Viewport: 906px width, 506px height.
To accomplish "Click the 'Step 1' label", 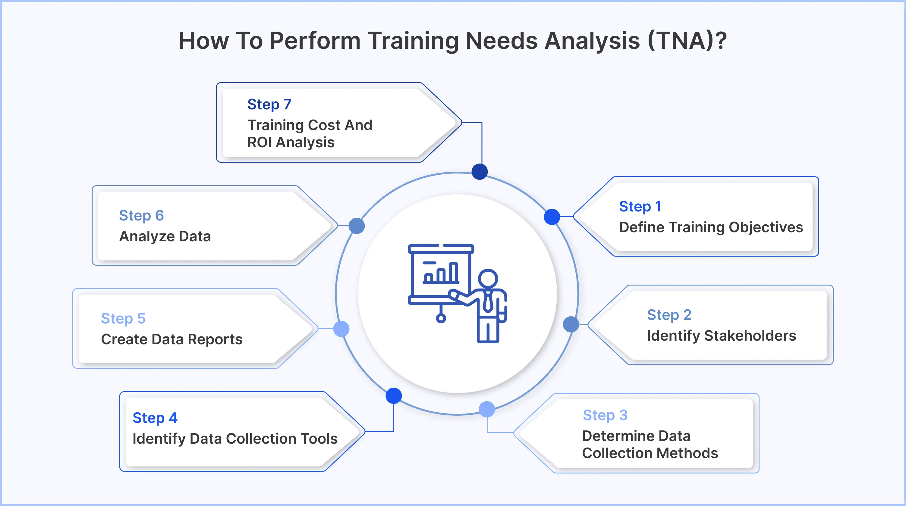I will (640, 207).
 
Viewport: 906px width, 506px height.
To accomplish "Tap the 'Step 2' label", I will (669, 315).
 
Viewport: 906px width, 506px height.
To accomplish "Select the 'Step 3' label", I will (605, 415).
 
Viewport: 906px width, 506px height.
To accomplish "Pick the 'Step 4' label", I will (155, 418).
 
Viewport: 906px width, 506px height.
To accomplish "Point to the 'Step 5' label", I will (123, 318).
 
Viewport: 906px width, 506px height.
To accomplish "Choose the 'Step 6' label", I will (141, 215).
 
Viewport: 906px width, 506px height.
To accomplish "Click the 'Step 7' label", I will (269, 104).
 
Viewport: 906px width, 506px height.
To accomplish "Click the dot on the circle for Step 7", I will (480, 172).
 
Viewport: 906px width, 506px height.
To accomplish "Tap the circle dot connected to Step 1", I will (552, 217).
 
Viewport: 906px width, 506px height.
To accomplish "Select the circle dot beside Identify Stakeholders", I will (571, 324).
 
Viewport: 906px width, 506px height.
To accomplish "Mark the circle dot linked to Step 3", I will (487, 409).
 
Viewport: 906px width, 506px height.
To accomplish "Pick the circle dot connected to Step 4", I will (394, 396).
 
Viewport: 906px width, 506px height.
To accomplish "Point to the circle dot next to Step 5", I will (341, 329).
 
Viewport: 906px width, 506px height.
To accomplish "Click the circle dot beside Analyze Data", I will (357, 226).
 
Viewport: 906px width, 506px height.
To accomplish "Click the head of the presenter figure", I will (488, 279).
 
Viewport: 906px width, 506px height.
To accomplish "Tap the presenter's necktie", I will (488, 301).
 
